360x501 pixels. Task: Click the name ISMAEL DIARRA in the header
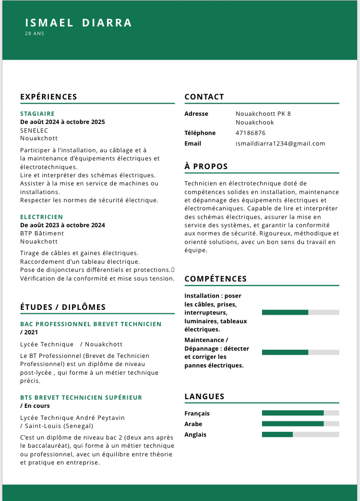pyautogui.click(x=78, y=23)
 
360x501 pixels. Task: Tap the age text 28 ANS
pyautogui.click(x=35, y=34)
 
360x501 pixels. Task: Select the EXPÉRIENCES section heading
pyautogui.click(x=48, y=97)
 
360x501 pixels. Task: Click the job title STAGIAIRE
pyautogui.click(x=37, y=114)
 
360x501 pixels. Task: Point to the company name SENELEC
pyautogui.click(x=34, y=130)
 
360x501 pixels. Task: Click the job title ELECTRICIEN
pyautogui.click(x=42, y=217)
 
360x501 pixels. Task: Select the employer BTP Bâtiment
pyautogui.click(x=42, y=233)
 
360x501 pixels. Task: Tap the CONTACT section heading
pyautogui.click(x=204, y=97)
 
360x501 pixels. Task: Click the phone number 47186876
pyautogui.click(x=251, y=133)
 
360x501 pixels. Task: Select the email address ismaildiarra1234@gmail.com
pyautogui.click(x=280, y=144)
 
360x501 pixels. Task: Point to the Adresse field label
pyautogui.click(x=196, y=114)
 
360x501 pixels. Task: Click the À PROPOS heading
pyautogui.click(x=206, y=166)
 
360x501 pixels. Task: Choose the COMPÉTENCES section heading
pyautogui.click(x=216, y=279)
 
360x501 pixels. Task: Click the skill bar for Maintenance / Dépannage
pyautogui.click(x=300, y=352)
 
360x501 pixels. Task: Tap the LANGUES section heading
pyautogui.click(x=204, y=396)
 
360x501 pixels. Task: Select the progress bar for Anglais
pyautogui.click(x=300, y=434)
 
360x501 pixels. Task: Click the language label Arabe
pyautogui.click(x=193, y=424)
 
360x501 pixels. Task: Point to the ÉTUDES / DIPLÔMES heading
pyautogui.click(x=63, y=307)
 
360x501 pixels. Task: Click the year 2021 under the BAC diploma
pyautogui.click(x=31, y=332)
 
